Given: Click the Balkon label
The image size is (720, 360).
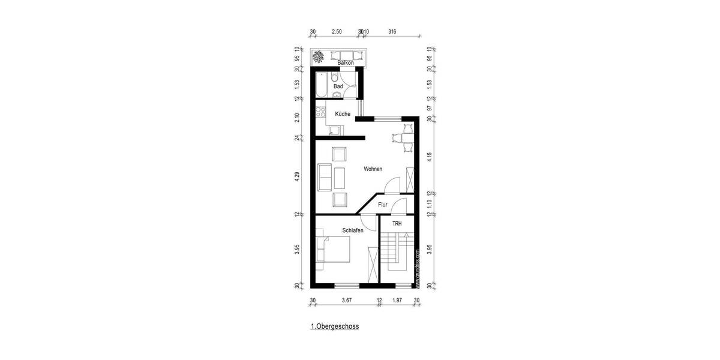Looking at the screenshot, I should point(345,63).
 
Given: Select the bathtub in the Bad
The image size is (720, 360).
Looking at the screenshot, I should point(320,85).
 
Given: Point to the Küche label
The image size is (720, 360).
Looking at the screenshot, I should point(343,114).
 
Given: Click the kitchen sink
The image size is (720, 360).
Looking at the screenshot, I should point(334,130).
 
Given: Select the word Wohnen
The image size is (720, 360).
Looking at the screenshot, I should point(373,169).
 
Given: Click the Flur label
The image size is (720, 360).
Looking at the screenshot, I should point(383,205).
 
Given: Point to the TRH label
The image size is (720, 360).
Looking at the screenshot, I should point(397,224).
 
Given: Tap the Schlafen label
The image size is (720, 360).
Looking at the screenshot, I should point(353,230).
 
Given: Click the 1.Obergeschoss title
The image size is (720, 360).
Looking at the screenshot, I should point(334,328).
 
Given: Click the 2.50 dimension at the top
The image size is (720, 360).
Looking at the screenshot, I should point(337,31).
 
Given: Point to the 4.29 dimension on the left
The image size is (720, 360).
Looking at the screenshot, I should point(296,178).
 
